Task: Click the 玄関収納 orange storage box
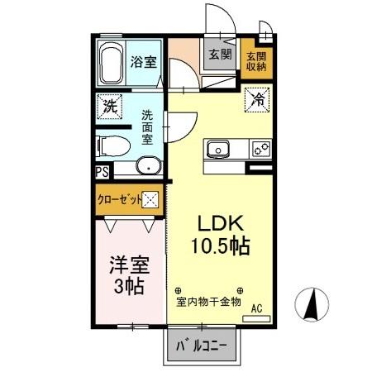coord(255,63)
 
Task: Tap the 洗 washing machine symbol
coord(109,106)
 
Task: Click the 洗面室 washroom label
coord(147,128)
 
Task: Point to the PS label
coord(102,172)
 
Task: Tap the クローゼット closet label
coord(120,199)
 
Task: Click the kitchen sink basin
coord(218,150)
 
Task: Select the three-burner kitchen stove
coord(260,150)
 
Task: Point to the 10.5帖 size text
coord(221,246)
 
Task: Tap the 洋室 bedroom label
coord(128,266)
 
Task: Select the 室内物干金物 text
coord(207,302)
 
